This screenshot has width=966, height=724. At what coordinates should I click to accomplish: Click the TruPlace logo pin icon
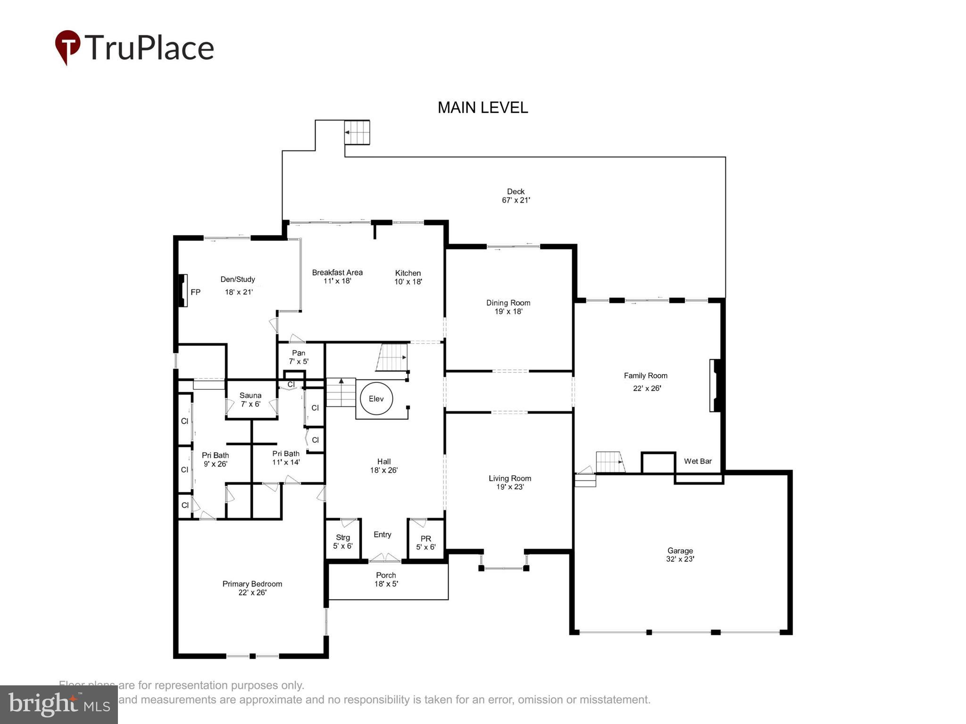(67, 46)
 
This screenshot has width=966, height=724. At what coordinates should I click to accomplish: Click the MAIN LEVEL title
(483, 108)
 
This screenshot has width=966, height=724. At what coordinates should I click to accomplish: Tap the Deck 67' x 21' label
(516, 196)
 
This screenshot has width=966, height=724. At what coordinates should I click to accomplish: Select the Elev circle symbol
(376, 399)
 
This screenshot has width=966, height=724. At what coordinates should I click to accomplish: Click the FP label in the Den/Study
(195, 292)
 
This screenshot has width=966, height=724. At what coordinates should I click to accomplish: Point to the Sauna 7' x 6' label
(250, 400)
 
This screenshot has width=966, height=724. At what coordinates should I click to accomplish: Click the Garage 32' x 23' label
(680, 555)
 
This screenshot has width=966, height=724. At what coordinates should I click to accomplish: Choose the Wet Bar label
(698, 461)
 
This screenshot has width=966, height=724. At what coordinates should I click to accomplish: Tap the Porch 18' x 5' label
(386, 579)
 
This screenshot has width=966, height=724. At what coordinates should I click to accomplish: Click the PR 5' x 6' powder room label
(425, 543)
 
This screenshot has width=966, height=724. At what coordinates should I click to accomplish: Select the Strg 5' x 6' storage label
(343, 542)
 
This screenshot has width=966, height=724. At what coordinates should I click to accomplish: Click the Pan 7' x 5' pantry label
(299, 357)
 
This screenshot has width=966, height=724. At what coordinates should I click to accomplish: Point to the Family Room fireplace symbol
(715, 386)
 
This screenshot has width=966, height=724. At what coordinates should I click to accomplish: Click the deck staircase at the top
(357, 132)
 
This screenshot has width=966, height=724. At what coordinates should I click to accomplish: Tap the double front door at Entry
(384, 559)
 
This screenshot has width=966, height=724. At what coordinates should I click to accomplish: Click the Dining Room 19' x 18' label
(508, 307)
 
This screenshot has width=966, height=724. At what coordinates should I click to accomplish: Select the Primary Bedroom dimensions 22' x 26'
(252, 592)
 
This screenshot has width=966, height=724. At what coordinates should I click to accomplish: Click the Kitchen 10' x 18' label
(408, 277)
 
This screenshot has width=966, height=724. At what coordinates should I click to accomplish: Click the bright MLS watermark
(59, 704)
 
